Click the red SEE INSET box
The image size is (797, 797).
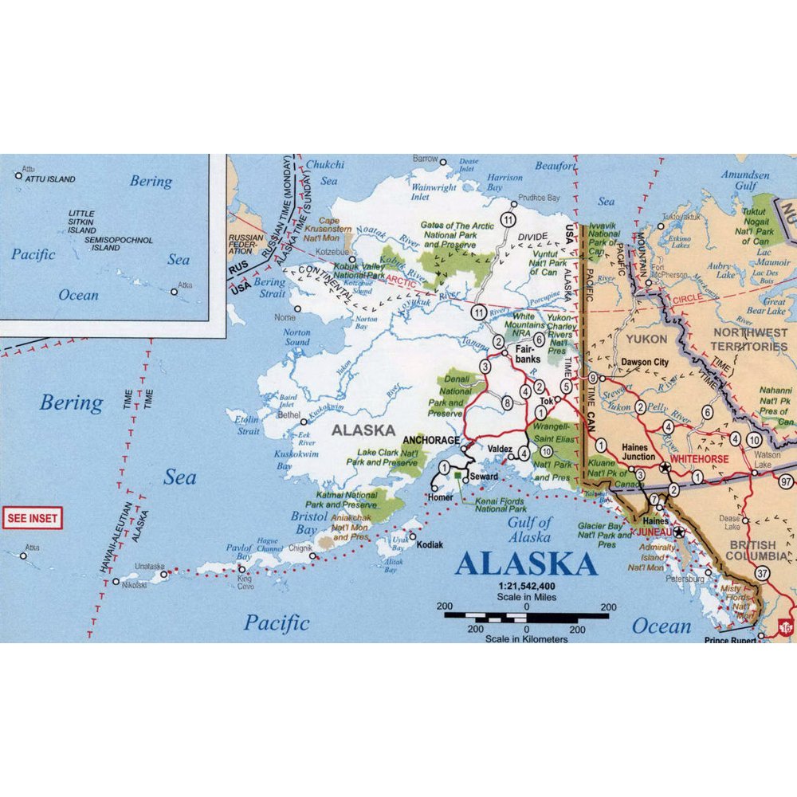33,518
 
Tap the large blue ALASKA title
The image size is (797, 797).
526,563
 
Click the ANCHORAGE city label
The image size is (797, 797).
431,440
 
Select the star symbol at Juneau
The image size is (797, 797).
678,532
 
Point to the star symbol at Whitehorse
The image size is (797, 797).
665,467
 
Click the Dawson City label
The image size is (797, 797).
645,362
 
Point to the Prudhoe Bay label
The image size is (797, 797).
539,197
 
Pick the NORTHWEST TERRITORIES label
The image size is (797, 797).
749,340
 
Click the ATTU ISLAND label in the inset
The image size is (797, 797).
51,179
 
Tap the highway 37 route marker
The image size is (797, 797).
763,573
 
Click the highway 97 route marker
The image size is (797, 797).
787,481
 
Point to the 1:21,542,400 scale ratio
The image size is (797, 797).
526,586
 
